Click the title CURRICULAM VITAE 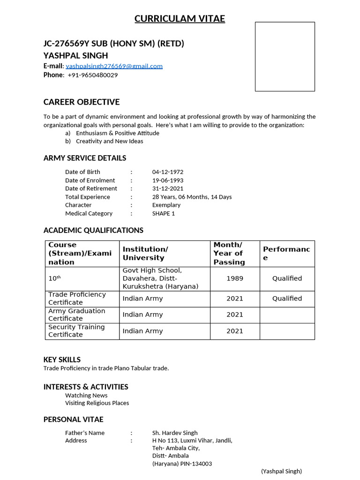click(180, 19)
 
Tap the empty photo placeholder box click(285, 56)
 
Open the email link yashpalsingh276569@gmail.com click(114, 66)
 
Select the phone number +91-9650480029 click(92, 75)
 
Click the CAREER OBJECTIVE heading click(82, 102)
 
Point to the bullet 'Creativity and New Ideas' click(109, 141)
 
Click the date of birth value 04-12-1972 click(167, 172)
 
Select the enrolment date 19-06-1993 click(167, 180)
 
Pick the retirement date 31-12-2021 click(167, 188)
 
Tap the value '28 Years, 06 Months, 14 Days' click(192, 197)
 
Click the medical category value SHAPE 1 click(163, 213)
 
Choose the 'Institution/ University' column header click(145, 254)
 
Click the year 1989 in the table click(235, 278)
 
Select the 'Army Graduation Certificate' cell click(77, 315)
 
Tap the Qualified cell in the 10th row click(287, 278)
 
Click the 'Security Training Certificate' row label click(76, 331)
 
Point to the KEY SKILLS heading click(62, 360)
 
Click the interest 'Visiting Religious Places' click(97, 403)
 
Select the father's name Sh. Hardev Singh click(175, 433)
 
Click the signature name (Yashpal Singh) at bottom click(281, 472)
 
